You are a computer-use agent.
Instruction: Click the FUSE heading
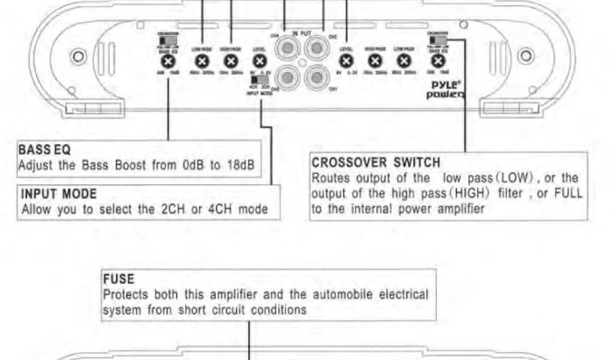114,280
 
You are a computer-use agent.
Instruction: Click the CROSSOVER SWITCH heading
377,163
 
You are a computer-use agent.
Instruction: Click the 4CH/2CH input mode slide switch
260,79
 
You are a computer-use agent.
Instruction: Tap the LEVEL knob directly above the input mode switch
259,60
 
